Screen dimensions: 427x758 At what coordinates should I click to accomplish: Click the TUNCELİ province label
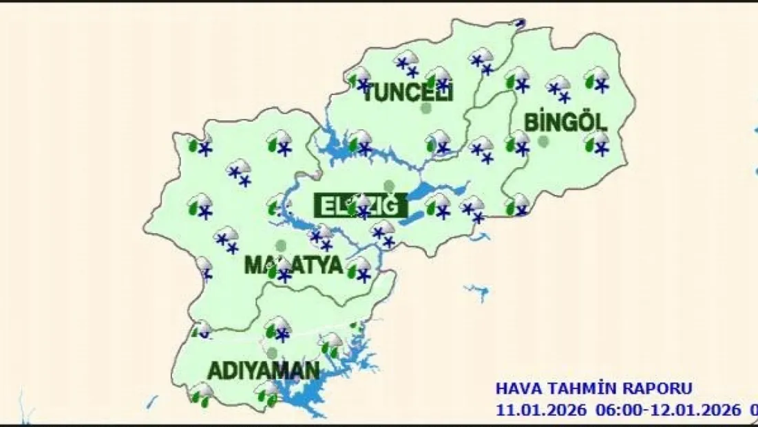(x=407, y=93)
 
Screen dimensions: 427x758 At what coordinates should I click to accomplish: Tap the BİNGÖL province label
(x=566, y=122)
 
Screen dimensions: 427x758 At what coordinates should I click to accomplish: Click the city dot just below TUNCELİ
(x=426, y=109)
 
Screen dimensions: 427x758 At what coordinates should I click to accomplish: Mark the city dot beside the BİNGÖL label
(x=543, y=142)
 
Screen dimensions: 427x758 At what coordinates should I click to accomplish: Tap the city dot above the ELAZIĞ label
(x=389, y=186)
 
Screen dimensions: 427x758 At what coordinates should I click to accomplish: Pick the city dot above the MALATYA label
(x=280, y=245)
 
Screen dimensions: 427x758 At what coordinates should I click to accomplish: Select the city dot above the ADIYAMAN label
(x=272, y=353)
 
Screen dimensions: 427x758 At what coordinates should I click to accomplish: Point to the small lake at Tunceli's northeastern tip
(x=520, y=23)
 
